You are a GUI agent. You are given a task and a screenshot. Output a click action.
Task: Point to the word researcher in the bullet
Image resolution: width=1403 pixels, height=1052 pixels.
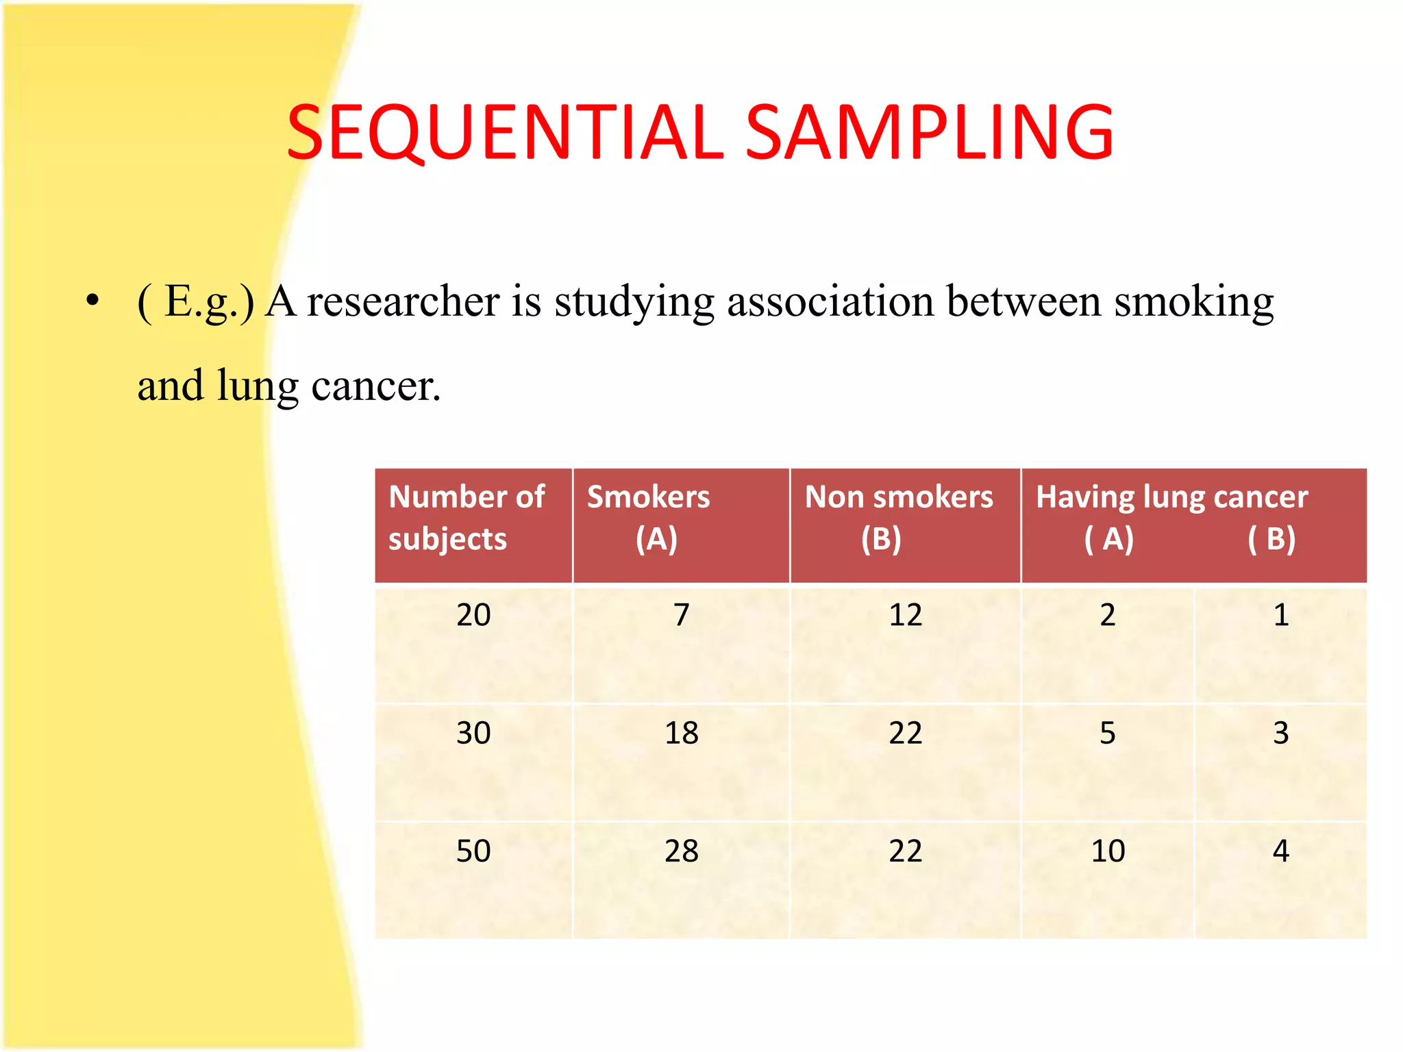click(403, 301)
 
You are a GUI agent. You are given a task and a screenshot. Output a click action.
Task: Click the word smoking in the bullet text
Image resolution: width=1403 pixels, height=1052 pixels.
click(1193, 301)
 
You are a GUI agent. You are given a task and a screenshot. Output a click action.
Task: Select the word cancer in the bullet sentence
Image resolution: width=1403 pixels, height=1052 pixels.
click(375, 386)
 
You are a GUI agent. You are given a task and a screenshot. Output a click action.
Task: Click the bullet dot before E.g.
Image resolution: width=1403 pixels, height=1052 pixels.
click(93, 301)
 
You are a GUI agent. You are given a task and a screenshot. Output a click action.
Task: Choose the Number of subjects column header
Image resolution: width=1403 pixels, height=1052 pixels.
click(467, 518)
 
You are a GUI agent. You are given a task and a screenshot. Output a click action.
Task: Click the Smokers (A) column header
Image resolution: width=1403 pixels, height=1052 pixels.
click(648, 518)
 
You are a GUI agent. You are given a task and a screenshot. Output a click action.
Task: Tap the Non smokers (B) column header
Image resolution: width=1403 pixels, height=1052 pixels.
click(898, 518)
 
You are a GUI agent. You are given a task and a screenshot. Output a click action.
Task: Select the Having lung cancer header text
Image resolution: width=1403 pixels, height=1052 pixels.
click(1171, 497)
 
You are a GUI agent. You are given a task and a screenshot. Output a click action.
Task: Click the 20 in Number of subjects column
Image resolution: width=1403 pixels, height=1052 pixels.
click(473, 614)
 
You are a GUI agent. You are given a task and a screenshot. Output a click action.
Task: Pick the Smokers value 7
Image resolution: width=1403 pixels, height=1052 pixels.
click(681, 614)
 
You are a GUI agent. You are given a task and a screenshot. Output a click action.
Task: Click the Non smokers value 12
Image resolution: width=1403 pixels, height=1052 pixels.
click(905, 614)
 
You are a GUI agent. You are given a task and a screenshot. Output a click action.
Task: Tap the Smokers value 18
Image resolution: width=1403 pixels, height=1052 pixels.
click(681, 733)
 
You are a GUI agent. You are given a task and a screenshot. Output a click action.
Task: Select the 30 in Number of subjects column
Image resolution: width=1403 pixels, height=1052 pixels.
click(473, 733)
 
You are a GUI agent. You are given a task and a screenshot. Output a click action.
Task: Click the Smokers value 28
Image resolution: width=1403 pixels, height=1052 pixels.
click(681, 851)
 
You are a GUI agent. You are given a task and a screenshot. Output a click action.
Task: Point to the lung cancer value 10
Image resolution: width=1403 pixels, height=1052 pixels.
click(1108, 851)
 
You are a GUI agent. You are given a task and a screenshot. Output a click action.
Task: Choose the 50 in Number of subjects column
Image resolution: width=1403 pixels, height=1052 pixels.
click(473, 851)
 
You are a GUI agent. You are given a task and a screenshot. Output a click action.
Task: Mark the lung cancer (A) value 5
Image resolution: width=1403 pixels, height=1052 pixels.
click(1108, 733)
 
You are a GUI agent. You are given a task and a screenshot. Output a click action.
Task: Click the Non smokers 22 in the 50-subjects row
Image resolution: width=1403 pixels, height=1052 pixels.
click(905, 851)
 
